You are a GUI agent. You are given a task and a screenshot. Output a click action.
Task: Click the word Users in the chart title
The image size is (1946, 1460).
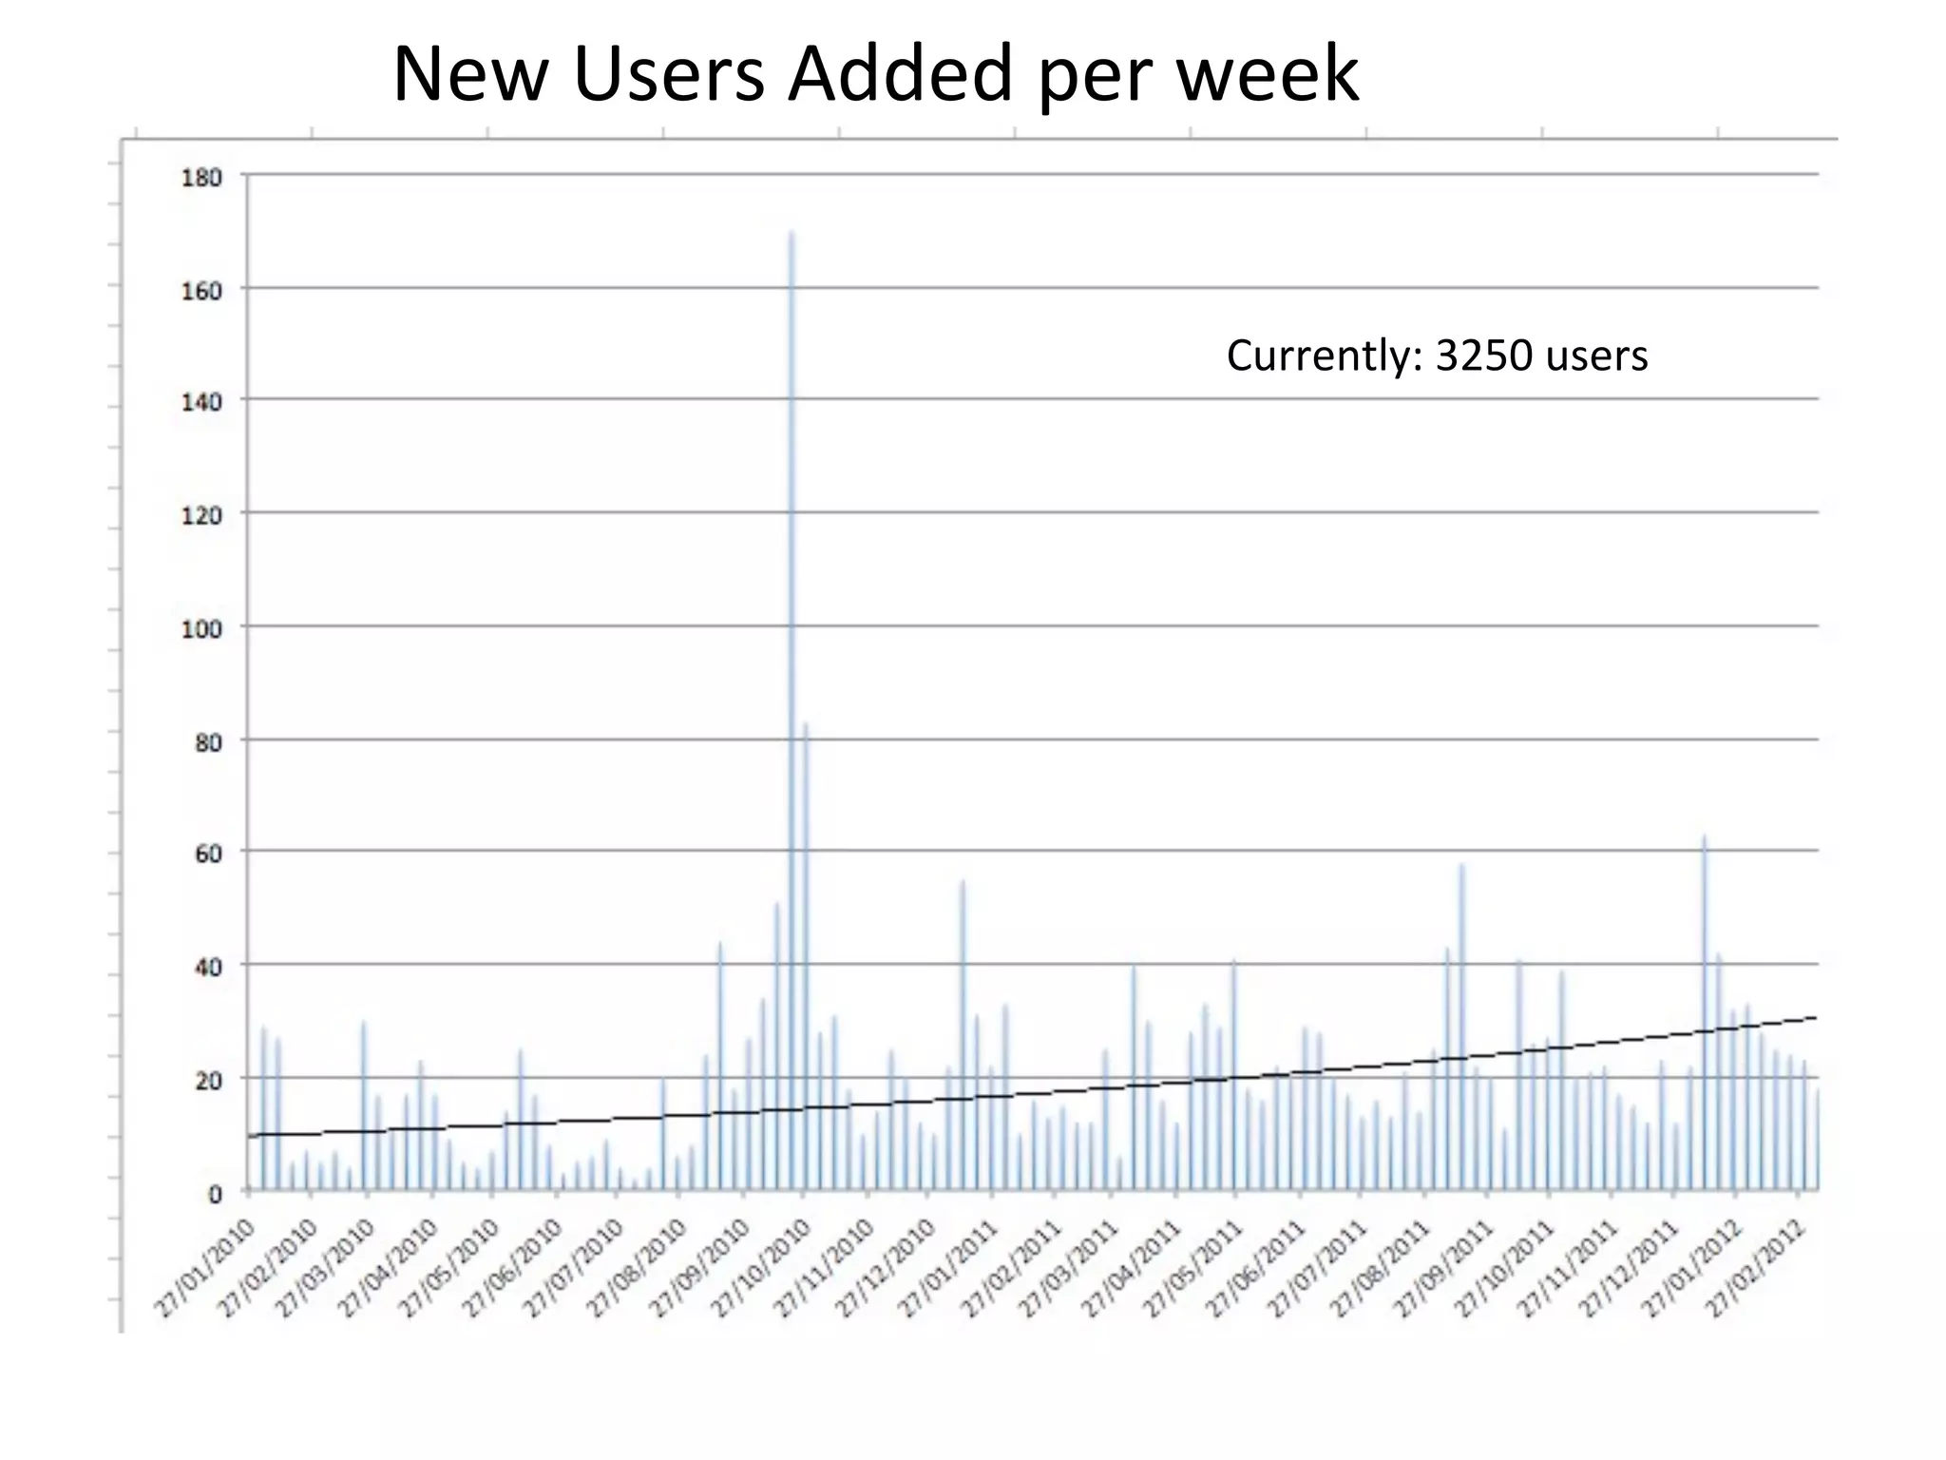669,74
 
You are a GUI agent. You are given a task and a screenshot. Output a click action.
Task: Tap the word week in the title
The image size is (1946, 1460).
1268,74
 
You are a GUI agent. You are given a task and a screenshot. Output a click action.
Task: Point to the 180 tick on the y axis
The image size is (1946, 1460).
201,178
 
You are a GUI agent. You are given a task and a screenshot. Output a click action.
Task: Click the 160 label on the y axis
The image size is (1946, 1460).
201,290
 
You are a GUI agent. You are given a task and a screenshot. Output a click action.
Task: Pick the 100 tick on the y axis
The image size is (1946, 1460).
201,628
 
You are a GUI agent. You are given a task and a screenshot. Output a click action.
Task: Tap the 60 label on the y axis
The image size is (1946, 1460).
207,854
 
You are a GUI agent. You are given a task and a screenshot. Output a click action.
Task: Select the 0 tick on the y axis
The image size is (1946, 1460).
216,1194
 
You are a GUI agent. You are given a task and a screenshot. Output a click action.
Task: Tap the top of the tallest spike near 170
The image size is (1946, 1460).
792,232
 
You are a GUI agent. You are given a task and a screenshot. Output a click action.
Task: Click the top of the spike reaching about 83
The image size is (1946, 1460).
806,724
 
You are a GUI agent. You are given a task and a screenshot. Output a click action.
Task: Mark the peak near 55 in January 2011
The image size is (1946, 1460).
963,882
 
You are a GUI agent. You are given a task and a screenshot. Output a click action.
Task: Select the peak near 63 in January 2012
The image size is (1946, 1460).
1705,837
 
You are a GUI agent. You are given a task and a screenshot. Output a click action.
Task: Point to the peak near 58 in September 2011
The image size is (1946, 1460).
1462,865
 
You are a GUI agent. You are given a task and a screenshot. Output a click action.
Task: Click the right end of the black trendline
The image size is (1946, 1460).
1816,1017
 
